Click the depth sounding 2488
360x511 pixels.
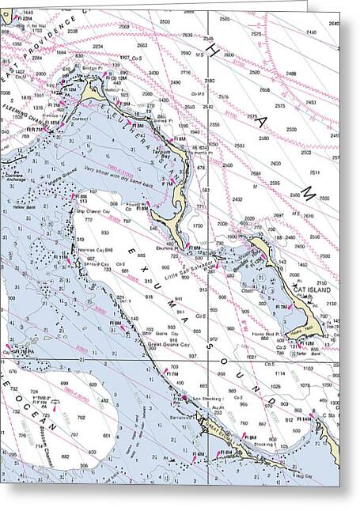[291, 74]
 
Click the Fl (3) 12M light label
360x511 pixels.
[116, 78]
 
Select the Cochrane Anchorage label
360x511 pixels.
[16, 178]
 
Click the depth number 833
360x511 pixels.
[106, 233]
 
